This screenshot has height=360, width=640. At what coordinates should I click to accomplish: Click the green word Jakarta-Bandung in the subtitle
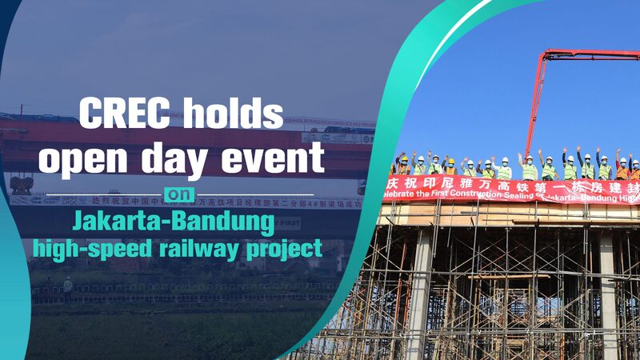tap(174, 219)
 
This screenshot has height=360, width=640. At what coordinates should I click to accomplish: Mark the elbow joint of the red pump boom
tap(546, 56)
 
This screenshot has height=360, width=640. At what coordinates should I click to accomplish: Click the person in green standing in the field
tap(68, 284)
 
